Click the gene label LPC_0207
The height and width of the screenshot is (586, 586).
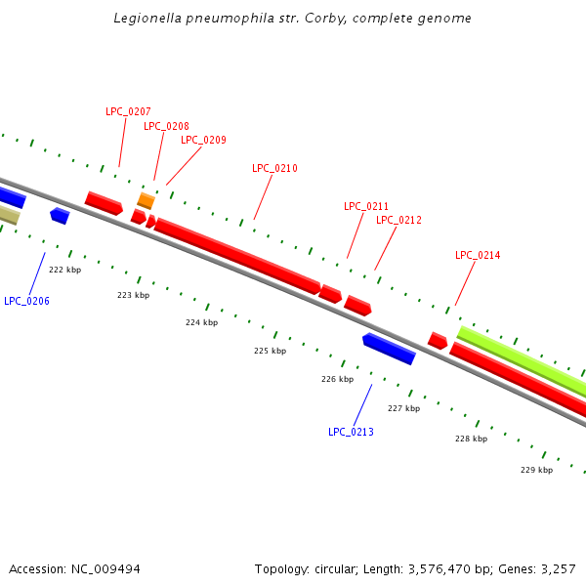pos(128,111)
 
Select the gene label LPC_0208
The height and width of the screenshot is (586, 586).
pos(166,126)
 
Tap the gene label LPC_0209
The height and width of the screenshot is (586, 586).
pos(203,140)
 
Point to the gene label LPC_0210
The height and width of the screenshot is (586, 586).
pos(274,168)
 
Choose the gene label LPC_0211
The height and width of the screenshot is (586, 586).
pos(366,206)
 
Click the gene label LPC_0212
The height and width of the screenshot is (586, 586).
pos(398,220)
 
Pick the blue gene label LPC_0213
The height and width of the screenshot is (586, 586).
pos(351,432)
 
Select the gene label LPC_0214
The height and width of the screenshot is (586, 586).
pos(478,255)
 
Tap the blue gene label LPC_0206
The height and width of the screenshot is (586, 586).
pos(26,301)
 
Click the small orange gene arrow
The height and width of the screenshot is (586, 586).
pos(146,200)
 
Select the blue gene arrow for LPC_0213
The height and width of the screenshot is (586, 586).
pos(389,348)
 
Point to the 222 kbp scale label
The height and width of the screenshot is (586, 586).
pos(64,270)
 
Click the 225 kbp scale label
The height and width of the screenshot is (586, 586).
pos(270,351)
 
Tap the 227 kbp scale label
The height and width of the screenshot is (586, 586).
pos(403,408)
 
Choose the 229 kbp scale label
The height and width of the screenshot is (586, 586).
pos(536,470)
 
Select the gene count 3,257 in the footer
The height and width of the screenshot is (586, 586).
pos(558,568)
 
